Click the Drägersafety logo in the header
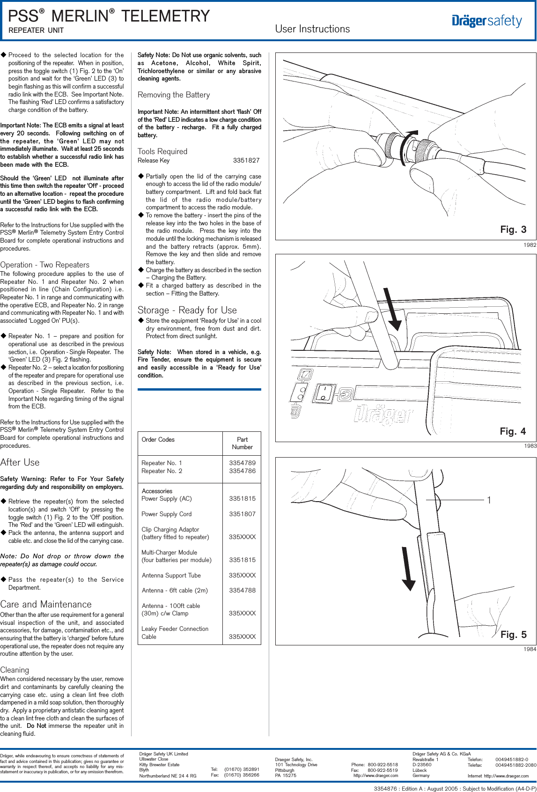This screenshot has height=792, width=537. tap(487, 21)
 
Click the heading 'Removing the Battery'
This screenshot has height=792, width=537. tap(174, 95)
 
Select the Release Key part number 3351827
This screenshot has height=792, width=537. tap(246, 161)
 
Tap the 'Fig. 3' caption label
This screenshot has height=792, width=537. tap(513, 229)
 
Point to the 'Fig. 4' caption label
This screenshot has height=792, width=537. tap(513, 431)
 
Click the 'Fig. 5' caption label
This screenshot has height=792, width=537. tap(513, 635)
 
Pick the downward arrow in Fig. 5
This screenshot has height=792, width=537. tap(408, 569)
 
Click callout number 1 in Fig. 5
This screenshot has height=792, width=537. tap(489, 500)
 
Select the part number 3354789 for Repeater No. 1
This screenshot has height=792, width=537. tap(242, 463)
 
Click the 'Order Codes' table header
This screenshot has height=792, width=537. tap(158, 440)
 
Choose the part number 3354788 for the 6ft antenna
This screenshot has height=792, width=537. tap(242, 591)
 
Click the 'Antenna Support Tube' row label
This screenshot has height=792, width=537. tap(171, 576)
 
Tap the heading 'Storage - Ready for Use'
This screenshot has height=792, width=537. tap(187, 310)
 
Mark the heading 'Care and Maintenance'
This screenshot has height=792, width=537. tap(46, 604)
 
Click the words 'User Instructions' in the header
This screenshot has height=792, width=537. tap(312, 29)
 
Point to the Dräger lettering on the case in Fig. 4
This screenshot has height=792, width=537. tap(383, 414)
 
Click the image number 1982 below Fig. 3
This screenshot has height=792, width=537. tap(530, 245)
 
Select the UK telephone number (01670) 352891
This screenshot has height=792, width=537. tap(242, 770)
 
